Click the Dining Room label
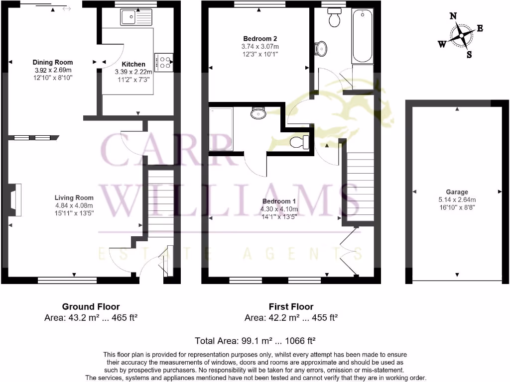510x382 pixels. [x=53, y=62]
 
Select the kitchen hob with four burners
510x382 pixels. [x=164, y=61]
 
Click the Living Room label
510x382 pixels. [x=74, y=197]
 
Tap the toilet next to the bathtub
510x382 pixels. [x=334, y=18]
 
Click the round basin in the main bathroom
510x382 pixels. [x=321, y=48]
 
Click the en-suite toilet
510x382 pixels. [x=299, y=142]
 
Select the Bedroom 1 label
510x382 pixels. [x=279, y=201]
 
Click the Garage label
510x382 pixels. [x=457, y=192]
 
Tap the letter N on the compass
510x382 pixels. [x=453, y=16]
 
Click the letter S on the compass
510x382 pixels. [x=469, y=55]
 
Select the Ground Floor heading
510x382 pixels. [x=91, y=307]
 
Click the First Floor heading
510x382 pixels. [x=291, y=307]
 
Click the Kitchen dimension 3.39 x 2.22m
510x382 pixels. [x=133, y=72]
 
